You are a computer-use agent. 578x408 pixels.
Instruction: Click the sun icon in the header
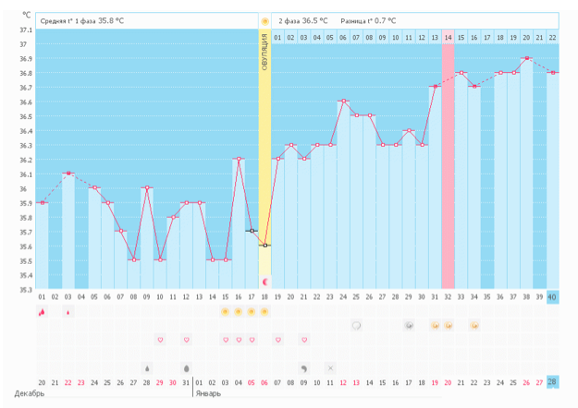tap(264, 19)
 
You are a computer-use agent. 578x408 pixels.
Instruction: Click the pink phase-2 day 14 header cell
tap(448, 37)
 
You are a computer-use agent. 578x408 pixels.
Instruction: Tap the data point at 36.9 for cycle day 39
tap(526, 58)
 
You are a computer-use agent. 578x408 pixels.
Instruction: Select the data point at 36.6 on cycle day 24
tap(343, 102)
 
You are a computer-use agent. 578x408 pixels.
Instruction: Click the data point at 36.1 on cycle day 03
tap(68, 174)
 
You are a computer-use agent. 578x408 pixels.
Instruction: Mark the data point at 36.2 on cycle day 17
tap(239, 159)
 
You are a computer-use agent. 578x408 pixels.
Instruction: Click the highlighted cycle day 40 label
tap(552, 296)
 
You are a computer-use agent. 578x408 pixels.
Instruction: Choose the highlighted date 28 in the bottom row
tap(552, 382)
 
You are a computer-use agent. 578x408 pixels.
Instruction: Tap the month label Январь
tap(209, 394)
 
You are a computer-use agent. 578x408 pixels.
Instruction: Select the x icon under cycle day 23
tap(330, 367)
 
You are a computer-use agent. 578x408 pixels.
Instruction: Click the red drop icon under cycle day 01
tap(42, 312)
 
